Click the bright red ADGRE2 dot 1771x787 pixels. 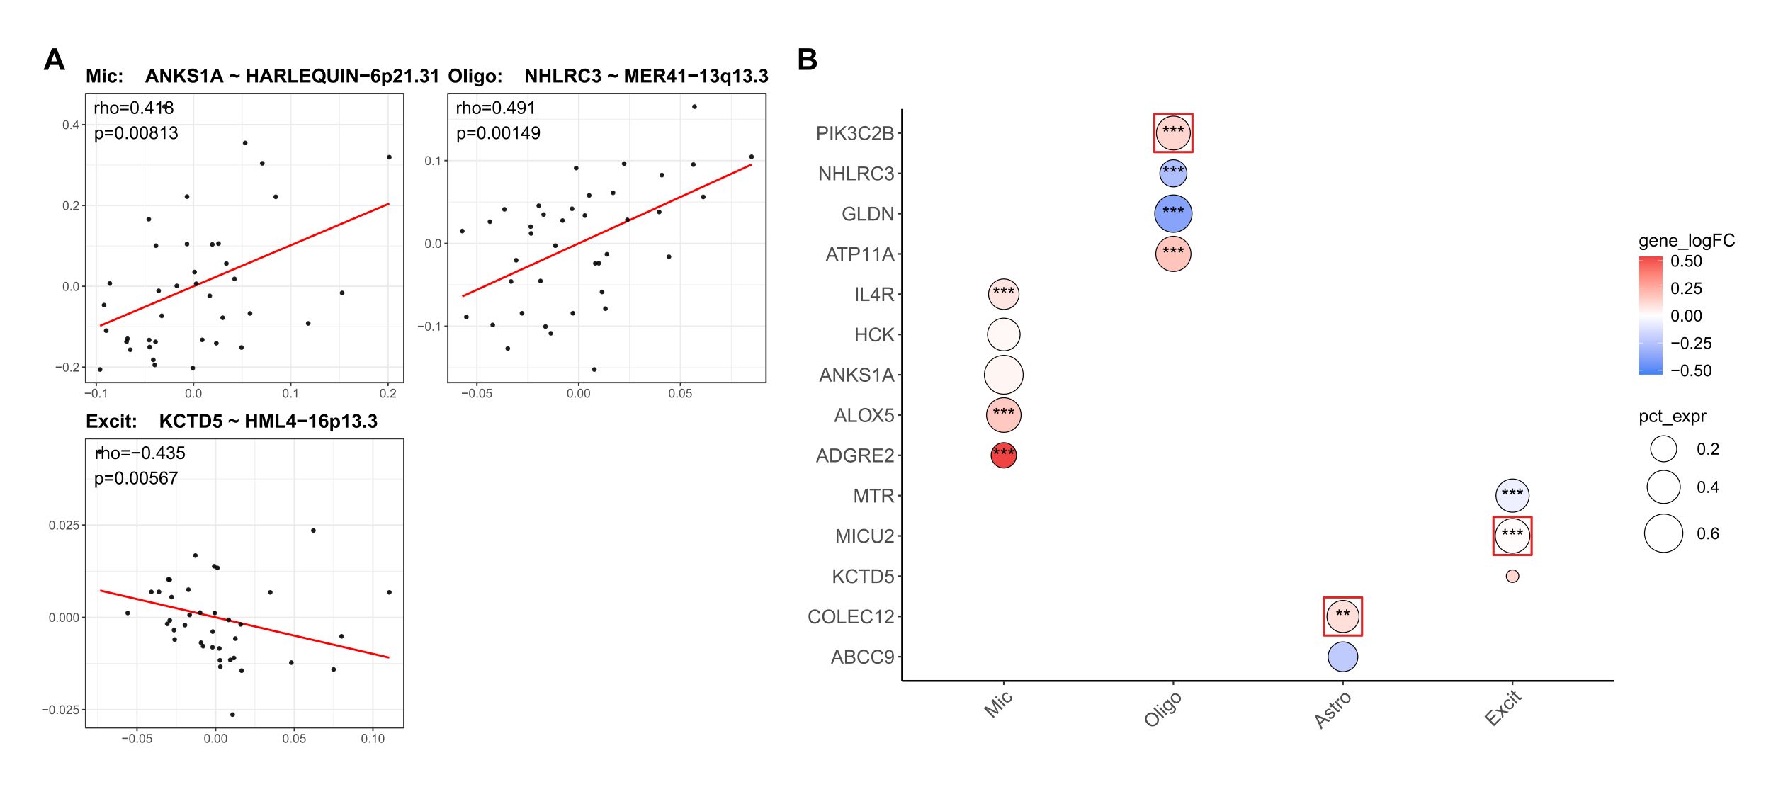pos(1003,455)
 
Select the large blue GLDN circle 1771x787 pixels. pos(1173,214)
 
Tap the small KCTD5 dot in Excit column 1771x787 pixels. pos(1512,577)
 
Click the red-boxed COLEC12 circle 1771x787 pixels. pos(1342,616)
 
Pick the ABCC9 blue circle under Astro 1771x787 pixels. pos(1342,657)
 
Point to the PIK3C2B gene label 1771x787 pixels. pos(854,134)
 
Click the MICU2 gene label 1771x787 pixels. pos(864,536)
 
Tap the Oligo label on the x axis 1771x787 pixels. pos(1162,709)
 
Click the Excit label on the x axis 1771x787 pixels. pos(1503,708)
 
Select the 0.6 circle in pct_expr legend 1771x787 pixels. pos(1663,533)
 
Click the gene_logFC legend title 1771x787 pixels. pos(1686,241)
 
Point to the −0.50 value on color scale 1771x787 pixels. pos(1690,371)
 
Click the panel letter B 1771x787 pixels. pos(807,60)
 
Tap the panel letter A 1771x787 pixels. pos(54,60)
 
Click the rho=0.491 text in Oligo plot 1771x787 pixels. pos(495,108)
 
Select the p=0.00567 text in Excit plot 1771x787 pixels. pos(135,479)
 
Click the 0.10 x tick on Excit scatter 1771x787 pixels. pos(373,739)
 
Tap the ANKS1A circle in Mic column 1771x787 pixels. pos(1003,375)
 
